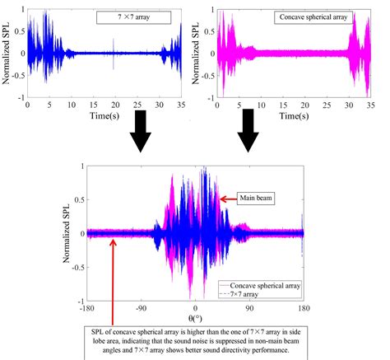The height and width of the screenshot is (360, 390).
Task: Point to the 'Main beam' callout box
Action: (257, 197)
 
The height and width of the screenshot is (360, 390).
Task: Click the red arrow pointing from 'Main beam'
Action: (226, 198)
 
